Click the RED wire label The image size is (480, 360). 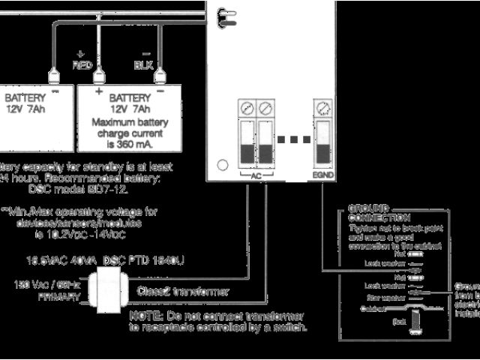point(82,64)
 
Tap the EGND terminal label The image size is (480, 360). point(323,175)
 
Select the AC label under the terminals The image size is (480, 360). point(256,175)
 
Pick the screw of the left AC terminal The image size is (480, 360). point(247,108)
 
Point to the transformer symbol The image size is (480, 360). point(106,290)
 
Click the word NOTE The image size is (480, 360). point(144,316)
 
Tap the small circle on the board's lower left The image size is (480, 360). point(222,165)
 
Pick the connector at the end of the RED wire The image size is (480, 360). point(97,76)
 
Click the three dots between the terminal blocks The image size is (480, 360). point(292,139)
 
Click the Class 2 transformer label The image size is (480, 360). point(183,290)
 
